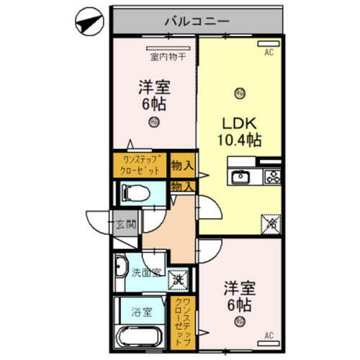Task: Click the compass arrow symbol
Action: click(x=86, y=22)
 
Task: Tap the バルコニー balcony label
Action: click(x=197, y=21)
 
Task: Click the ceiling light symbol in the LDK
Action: click(x=238, y=91)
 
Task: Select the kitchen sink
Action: click(x=239, y=177)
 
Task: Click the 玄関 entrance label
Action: click(x=127, y=224)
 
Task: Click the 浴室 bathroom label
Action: click(x=141, y=312)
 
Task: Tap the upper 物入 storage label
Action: click(x=182, y=166)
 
